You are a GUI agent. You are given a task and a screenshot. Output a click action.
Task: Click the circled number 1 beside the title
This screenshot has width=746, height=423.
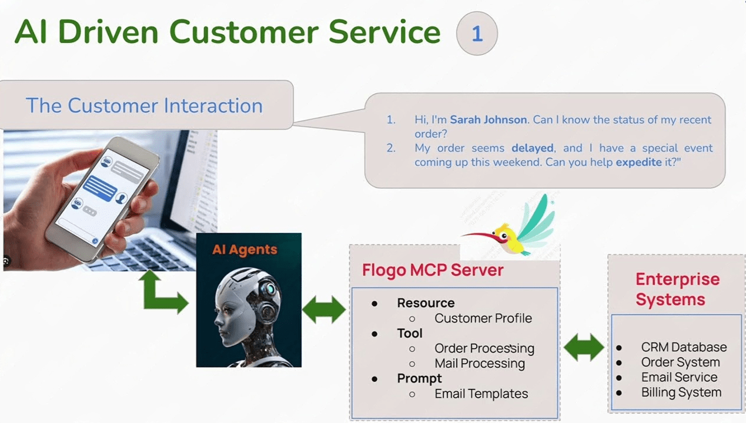(x=477, y=34)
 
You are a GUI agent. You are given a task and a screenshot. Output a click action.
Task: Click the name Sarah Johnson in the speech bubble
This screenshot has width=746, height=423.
(x=488, y=120)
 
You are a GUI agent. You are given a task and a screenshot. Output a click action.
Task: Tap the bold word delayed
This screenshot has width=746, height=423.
(x=532, y=148)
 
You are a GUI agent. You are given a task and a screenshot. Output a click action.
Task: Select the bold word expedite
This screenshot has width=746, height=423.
(x=638, y=162)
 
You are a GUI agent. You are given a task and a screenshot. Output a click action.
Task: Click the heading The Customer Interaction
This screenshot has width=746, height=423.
(x=144, y=106)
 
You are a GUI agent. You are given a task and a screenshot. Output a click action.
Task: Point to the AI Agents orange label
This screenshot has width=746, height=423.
(x=245, y=249)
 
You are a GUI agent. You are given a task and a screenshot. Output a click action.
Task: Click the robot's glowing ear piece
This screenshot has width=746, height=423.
(x=269, y=289)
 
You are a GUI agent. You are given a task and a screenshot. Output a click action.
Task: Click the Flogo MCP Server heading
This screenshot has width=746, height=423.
(x=433, y=270)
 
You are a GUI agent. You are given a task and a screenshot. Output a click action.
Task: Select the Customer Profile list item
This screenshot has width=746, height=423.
(x=483, y=318)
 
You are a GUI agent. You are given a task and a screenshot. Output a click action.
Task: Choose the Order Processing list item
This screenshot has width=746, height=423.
(x=484, y=348)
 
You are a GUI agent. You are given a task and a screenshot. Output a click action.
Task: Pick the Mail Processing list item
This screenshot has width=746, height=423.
(x=480, y=364)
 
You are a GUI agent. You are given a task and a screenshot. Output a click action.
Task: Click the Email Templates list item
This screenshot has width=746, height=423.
(x=481, y=394)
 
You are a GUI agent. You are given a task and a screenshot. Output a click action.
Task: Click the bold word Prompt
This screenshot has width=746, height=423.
(x=419, y=378)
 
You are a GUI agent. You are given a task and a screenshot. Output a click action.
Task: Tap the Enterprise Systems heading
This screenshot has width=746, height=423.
(x=677, y=289)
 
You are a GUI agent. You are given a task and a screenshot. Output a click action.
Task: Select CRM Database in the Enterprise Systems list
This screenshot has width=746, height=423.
(x=684, y=347)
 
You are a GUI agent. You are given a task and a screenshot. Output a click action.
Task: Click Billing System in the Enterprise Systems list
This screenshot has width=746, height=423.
(x=681, y=392)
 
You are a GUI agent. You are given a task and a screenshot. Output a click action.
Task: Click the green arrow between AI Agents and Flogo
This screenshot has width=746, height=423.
(x=324, y=309)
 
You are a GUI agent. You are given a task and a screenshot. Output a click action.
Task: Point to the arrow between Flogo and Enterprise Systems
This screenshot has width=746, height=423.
(x=584, y=348)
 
